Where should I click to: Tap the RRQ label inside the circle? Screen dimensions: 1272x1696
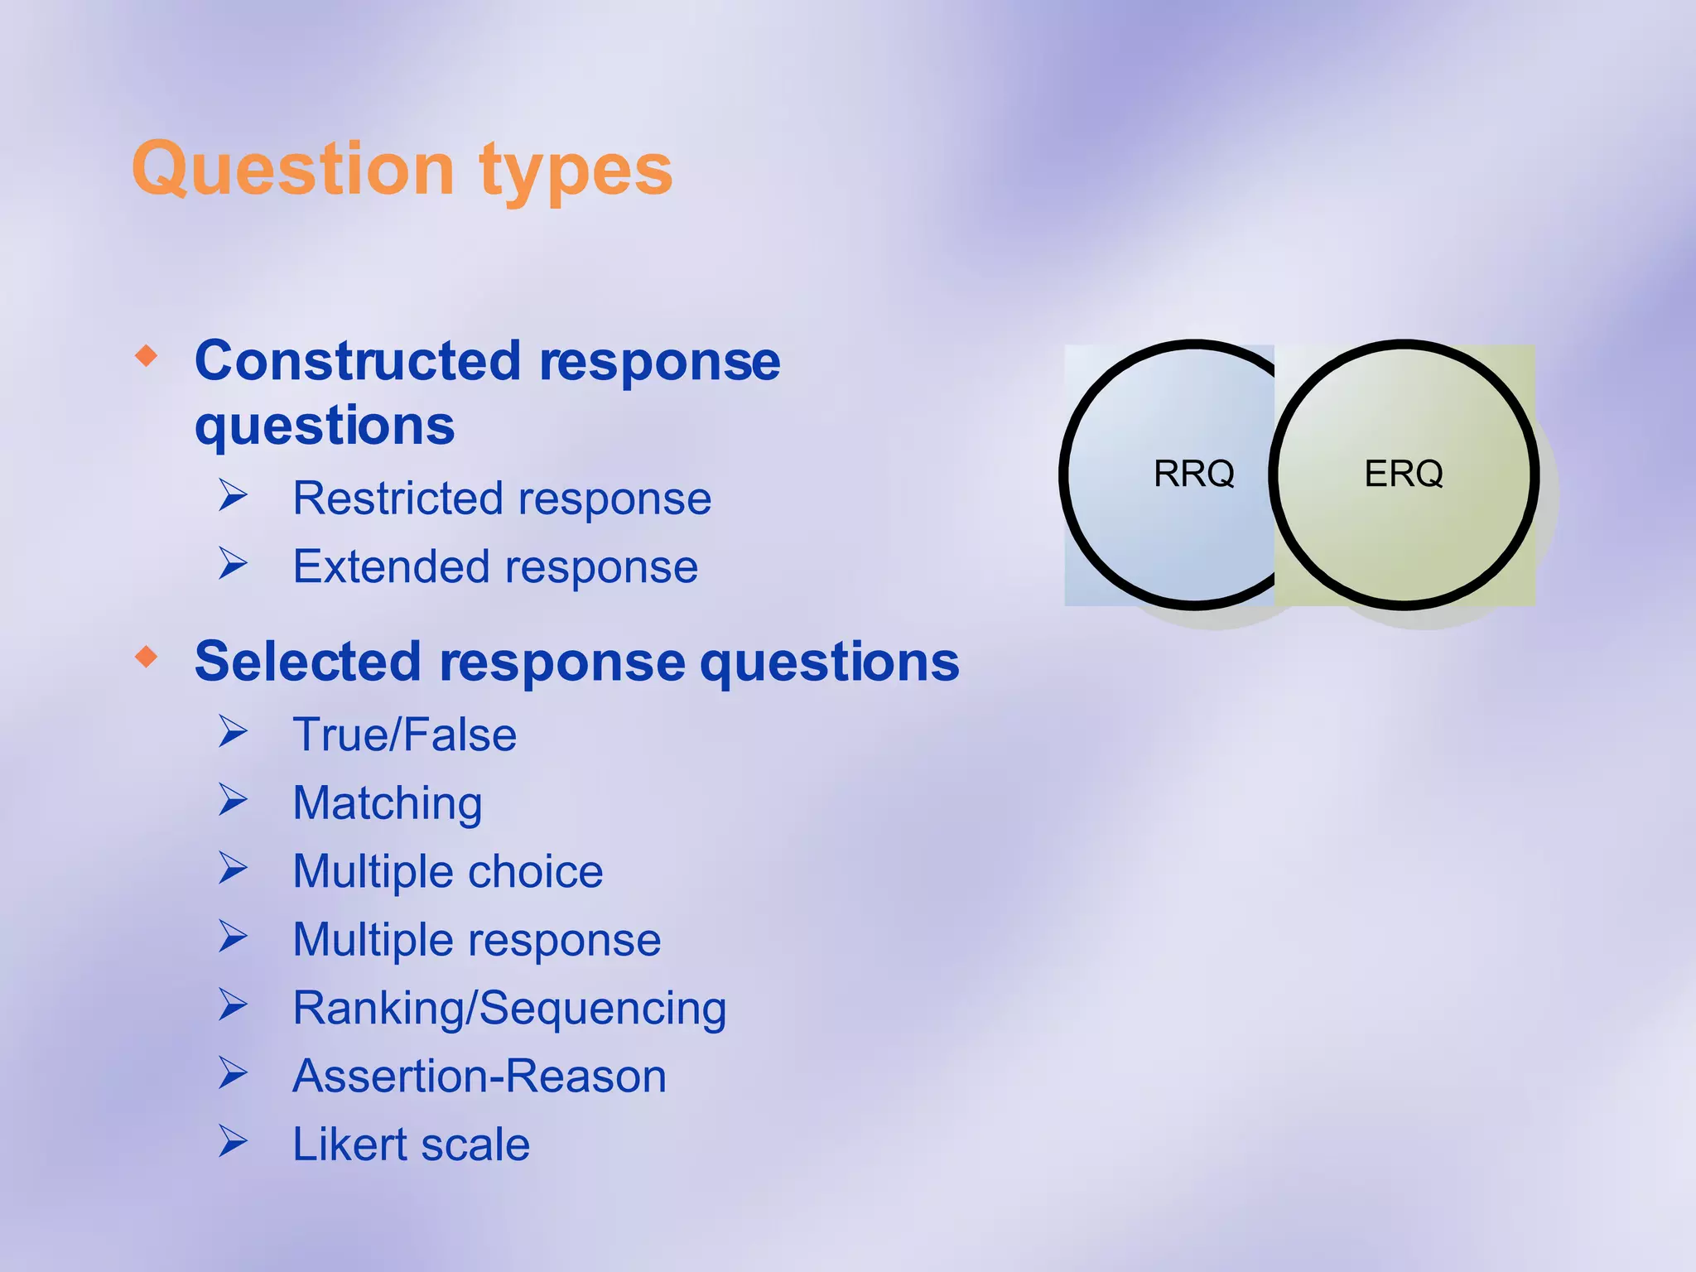point(1193,474)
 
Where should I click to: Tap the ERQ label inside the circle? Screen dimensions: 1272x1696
point(1404,474)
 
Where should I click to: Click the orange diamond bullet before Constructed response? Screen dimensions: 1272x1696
point(147,357)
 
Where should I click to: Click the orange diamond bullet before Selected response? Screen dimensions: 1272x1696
point(147,658)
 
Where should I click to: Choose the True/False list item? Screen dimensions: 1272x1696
point(404,735)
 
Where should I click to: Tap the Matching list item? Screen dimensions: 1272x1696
point(388,803)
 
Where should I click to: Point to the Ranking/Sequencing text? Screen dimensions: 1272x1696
point(509,1009)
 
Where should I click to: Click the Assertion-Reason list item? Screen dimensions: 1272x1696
point(479,1077)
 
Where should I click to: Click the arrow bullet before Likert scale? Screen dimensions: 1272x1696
point(233,1141)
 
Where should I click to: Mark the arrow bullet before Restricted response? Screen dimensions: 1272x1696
point(233,495)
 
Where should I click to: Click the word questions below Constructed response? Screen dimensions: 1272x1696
point(325,426)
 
